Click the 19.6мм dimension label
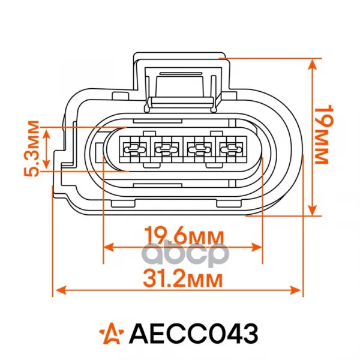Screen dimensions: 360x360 [184, 235]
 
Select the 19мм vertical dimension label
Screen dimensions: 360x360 [324, 134]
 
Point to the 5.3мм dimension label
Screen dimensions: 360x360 [31, 148]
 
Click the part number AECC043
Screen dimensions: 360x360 [194, 334]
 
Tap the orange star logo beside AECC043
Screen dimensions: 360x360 [112, 334]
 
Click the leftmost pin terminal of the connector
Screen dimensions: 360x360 [134, 149]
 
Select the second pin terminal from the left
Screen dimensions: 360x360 [166, 149]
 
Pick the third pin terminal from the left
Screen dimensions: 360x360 [199, 149]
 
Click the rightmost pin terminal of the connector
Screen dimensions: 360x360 [231, 149]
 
